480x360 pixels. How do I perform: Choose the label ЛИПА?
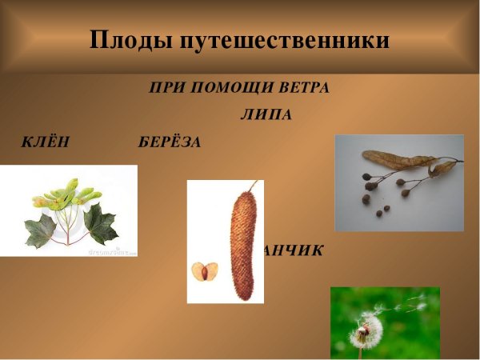(266, 114)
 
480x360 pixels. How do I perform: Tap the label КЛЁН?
(46, 142)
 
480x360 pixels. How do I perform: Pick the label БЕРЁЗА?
(169, 142)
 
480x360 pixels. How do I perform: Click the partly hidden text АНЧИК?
(294, 251)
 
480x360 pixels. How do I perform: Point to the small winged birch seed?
(204, 271)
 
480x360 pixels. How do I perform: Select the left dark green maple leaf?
(40, 230)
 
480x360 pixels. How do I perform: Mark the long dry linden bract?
(398, 159)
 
